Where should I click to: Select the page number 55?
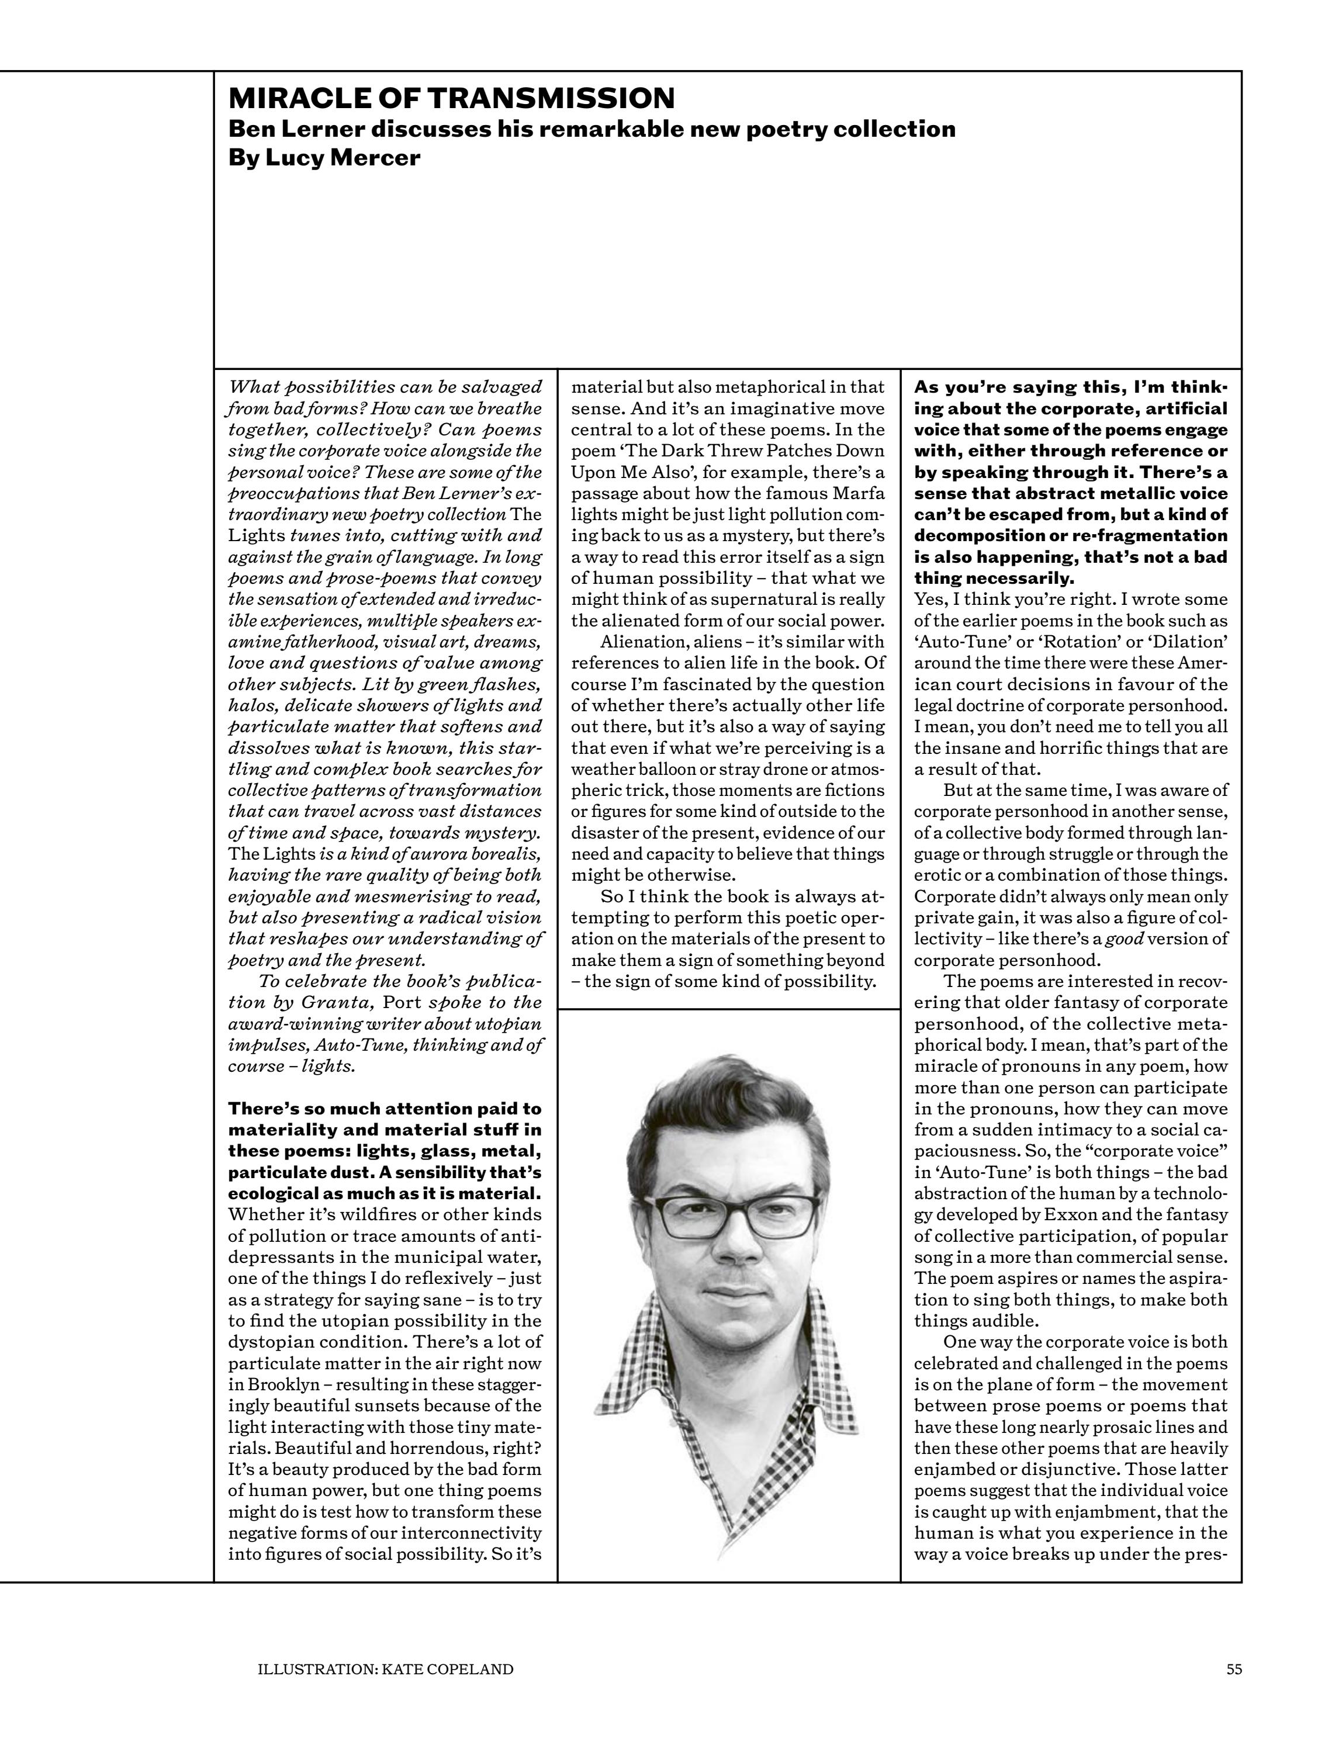[x=1234, y=1668]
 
